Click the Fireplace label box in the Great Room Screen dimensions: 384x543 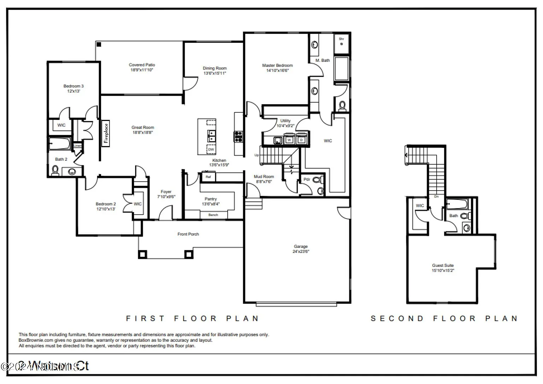106,133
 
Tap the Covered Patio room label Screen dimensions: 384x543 142,65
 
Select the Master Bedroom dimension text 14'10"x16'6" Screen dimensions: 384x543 278,71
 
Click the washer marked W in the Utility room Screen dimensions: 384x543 289,140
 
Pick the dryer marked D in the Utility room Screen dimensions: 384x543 302,140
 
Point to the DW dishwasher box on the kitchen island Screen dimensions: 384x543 211,149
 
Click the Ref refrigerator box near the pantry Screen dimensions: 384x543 208,176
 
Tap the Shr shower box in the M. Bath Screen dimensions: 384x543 341,42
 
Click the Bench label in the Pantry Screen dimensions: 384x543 213,215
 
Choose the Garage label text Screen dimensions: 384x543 301,246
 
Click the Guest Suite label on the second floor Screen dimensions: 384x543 443,265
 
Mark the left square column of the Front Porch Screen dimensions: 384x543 142,254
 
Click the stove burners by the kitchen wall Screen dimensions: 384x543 238,136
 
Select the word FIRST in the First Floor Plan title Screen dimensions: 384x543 145,319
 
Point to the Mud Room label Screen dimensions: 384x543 264,176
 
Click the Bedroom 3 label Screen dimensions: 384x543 74,86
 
